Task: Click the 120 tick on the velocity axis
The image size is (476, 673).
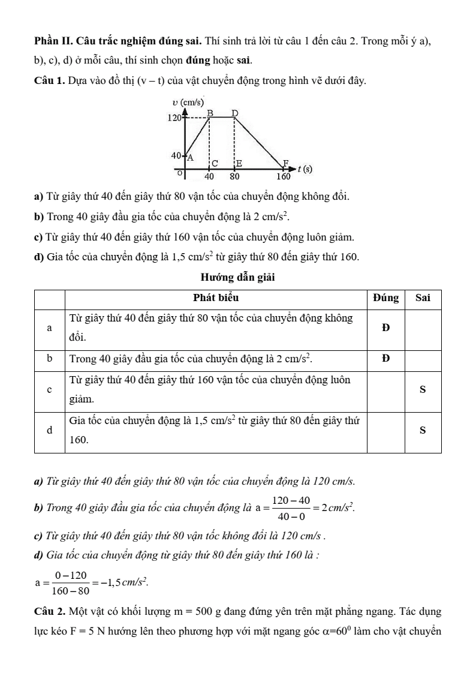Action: (x=174, y=118)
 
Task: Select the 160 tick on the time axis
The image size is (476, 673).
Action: (x=283, y=177)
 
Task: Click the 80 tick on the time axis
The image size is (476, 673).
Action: (x=234, y=177)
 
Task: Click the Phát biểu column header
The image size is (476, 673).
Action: (x=218, y=298)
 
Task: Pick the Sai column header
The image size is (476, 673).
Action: (x=423, y=298)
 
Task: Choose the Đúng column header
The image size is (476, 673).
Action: (x=385, y=298)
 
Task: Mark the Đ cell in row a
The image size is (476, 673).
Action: (x=385, y=328)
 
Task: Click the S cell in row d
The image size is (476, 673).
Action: (x=423, y=430)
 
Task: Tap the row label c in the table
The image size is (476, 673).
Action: (x=50, y=389)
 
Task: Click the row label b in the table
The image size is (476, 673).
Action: (x=50, y=358)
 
